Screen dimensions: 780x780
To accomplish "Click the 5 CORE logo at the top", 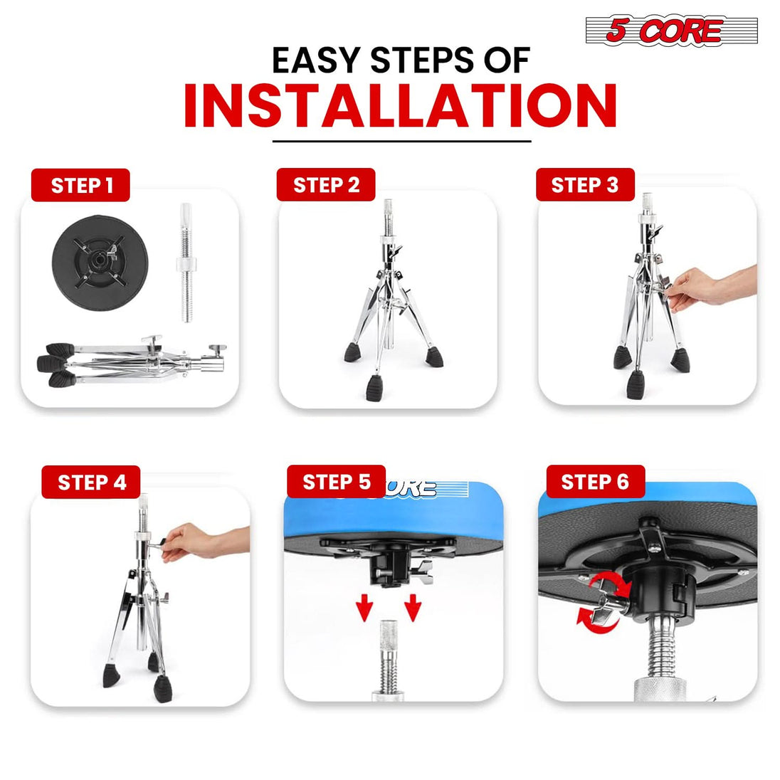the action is (x=672, y=31).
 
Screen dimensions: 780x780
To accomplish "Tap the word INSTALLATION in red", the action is (x=401, y=105).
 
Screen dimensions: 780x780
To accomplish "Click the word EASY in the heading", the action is (x=315, y=60).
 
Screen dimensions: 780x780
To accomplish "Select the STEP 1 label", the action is (x=80, y=185).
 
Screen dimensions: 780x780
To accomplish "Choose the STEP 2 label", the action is (x=326, y=184).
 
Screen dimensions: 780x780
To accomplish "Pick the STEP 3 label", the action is (x=585, y=184).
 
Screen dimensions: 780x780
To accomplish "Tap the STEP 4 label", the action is (x=91, y=482).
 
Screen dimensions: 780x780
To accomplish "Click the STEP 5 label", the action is (x=337, y=482).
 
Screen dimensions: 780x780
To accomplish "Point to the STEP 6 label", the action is (x=596, y=482).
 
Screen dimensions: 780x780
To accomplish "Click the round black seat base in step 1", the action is (x=100, y=263).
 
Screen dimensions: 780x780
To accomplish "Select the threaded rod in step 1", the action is (x=186, y=262).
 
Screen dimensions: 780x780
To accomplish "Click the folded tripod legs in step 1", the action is (x=132, y=362).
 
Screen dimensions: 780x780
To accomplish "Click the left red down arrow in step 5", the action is (x=364, y=607).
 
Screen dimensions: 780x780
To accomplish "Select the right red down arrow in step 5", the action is (x=413, y=607).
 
